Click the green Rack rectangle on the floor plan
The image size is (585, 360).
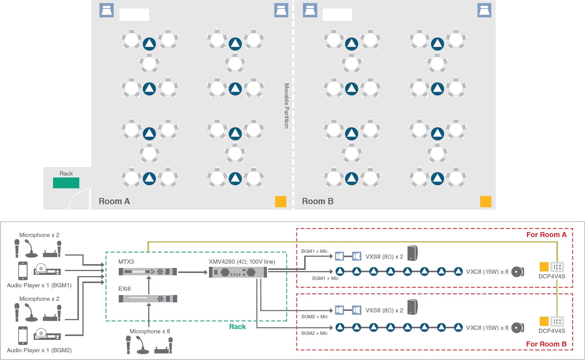[66, 183]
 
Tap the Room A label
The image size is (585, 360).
[114, 201]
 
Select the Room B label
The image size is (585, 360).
[318, 201]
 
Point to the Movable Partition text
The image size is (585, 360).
[287, 106]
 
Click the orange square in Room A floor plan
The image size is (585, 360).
[281, 201]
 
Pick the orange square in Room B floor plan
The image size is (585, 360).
[486, 201]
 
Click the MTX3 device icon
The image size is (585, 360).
[148, 272]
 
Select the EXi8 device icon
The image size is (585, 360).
[148, 299]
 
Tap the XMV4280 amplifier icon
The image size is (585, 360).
[238, 272]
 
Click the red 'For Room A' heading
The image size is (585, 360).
[546, 235]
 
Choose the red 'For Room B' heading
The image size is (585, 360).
[546, 344]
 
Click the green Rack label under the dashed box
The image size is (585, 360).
[237, 327]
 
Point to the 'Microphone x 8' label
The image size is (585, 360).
[150, 331]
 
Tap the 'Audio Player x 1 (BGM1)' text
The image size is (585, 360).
[39, 285]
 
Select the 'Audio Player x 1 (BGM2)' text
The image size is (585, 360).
[39, 350]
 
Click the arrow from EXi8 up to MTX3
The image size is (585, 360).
[149, 285]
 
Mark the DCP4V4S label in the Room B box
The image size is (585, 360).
[552, 331]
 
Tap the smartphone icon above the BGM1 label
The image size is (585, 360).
[23, 270]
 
